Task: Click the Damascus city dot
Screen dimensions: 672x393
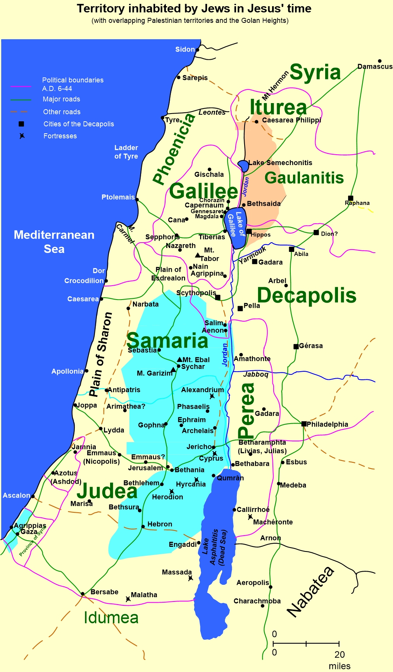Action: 379,61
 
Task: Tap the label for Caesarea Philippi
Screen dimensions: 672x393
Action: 291,120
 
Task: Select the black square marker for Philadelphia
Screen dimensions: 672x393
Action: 304,424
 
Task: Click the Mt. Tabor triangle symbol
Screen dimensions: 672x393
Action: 198,255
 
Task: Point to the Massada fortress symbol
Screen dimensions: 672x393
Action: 191,578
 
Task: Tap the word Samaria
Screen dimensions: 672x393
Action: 167,341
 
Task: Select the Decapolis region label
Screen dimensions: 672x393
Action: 306,295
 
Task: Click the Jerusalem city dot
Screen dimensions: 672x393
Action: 168,467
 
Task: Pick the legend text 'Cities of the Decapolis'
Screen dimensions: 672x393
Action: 79,124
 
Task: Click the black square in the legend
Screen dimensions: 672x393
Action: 22,124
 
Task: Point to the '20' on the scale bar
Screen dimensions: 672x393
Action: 340,655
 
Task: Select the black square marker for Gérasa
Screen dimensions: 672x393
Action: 296,346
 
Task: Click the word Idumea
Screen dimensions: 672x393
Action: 111,618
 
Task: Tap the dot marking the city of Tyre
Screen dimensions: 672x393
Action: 162,118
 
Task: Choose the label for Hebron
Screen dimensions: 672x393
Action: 160,524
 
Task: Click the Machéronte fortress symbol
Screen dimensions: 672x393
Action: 250,517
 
